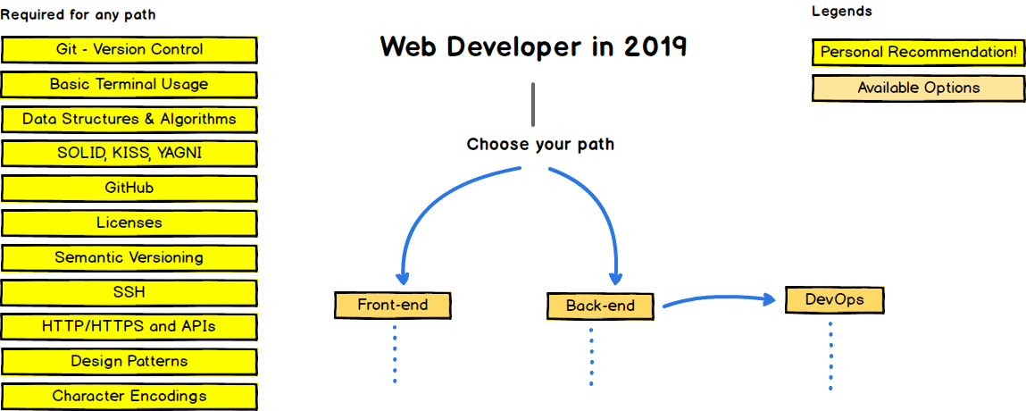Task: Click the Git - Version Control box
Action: click(x=129, y=50)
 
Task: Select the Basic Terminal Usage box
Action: click(x=129, y=85)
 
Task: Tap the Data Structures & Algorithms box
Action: click(x=129, y=119)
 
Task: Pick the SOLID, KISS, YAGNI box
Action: click(x=129, y=154)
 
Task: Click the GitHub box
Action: click(x=129, y=189)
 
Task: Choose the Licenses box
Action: click(x=129, y=222)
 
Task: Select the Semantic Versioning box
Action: click(x=129, y=257)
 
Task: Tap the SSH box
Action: click(x=129, y=292)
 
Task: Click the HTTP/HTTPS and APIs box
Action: click(x=129, y=327)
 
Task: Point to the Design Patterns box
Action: click(x=129, y=362)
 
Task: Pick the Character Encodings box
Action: click(x=129, y=396)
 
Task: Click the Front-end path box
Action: click(x=393, y=305)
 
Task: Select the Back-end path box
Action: click(x=600, y=306)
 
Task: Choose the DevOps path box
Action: click(x=834, y=299)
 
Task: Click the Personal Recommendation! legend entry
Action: click(x=918, y=53)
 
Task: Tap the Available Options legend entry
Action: click(x=918, y=88)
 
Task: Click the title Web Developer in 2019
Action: click(x=533, y=47)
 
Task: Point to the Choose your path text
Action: click(x=540, y=144)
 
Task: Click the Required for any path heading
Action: click(x=78, y=15)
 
